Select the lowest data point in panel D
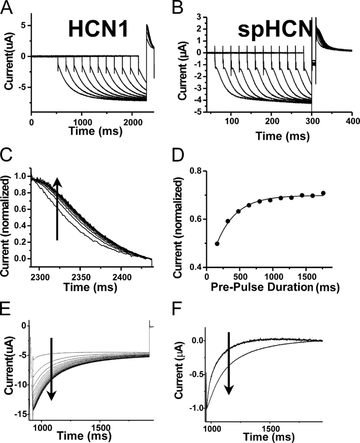[217, 243]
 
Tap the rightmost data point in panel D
[324, 193]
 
